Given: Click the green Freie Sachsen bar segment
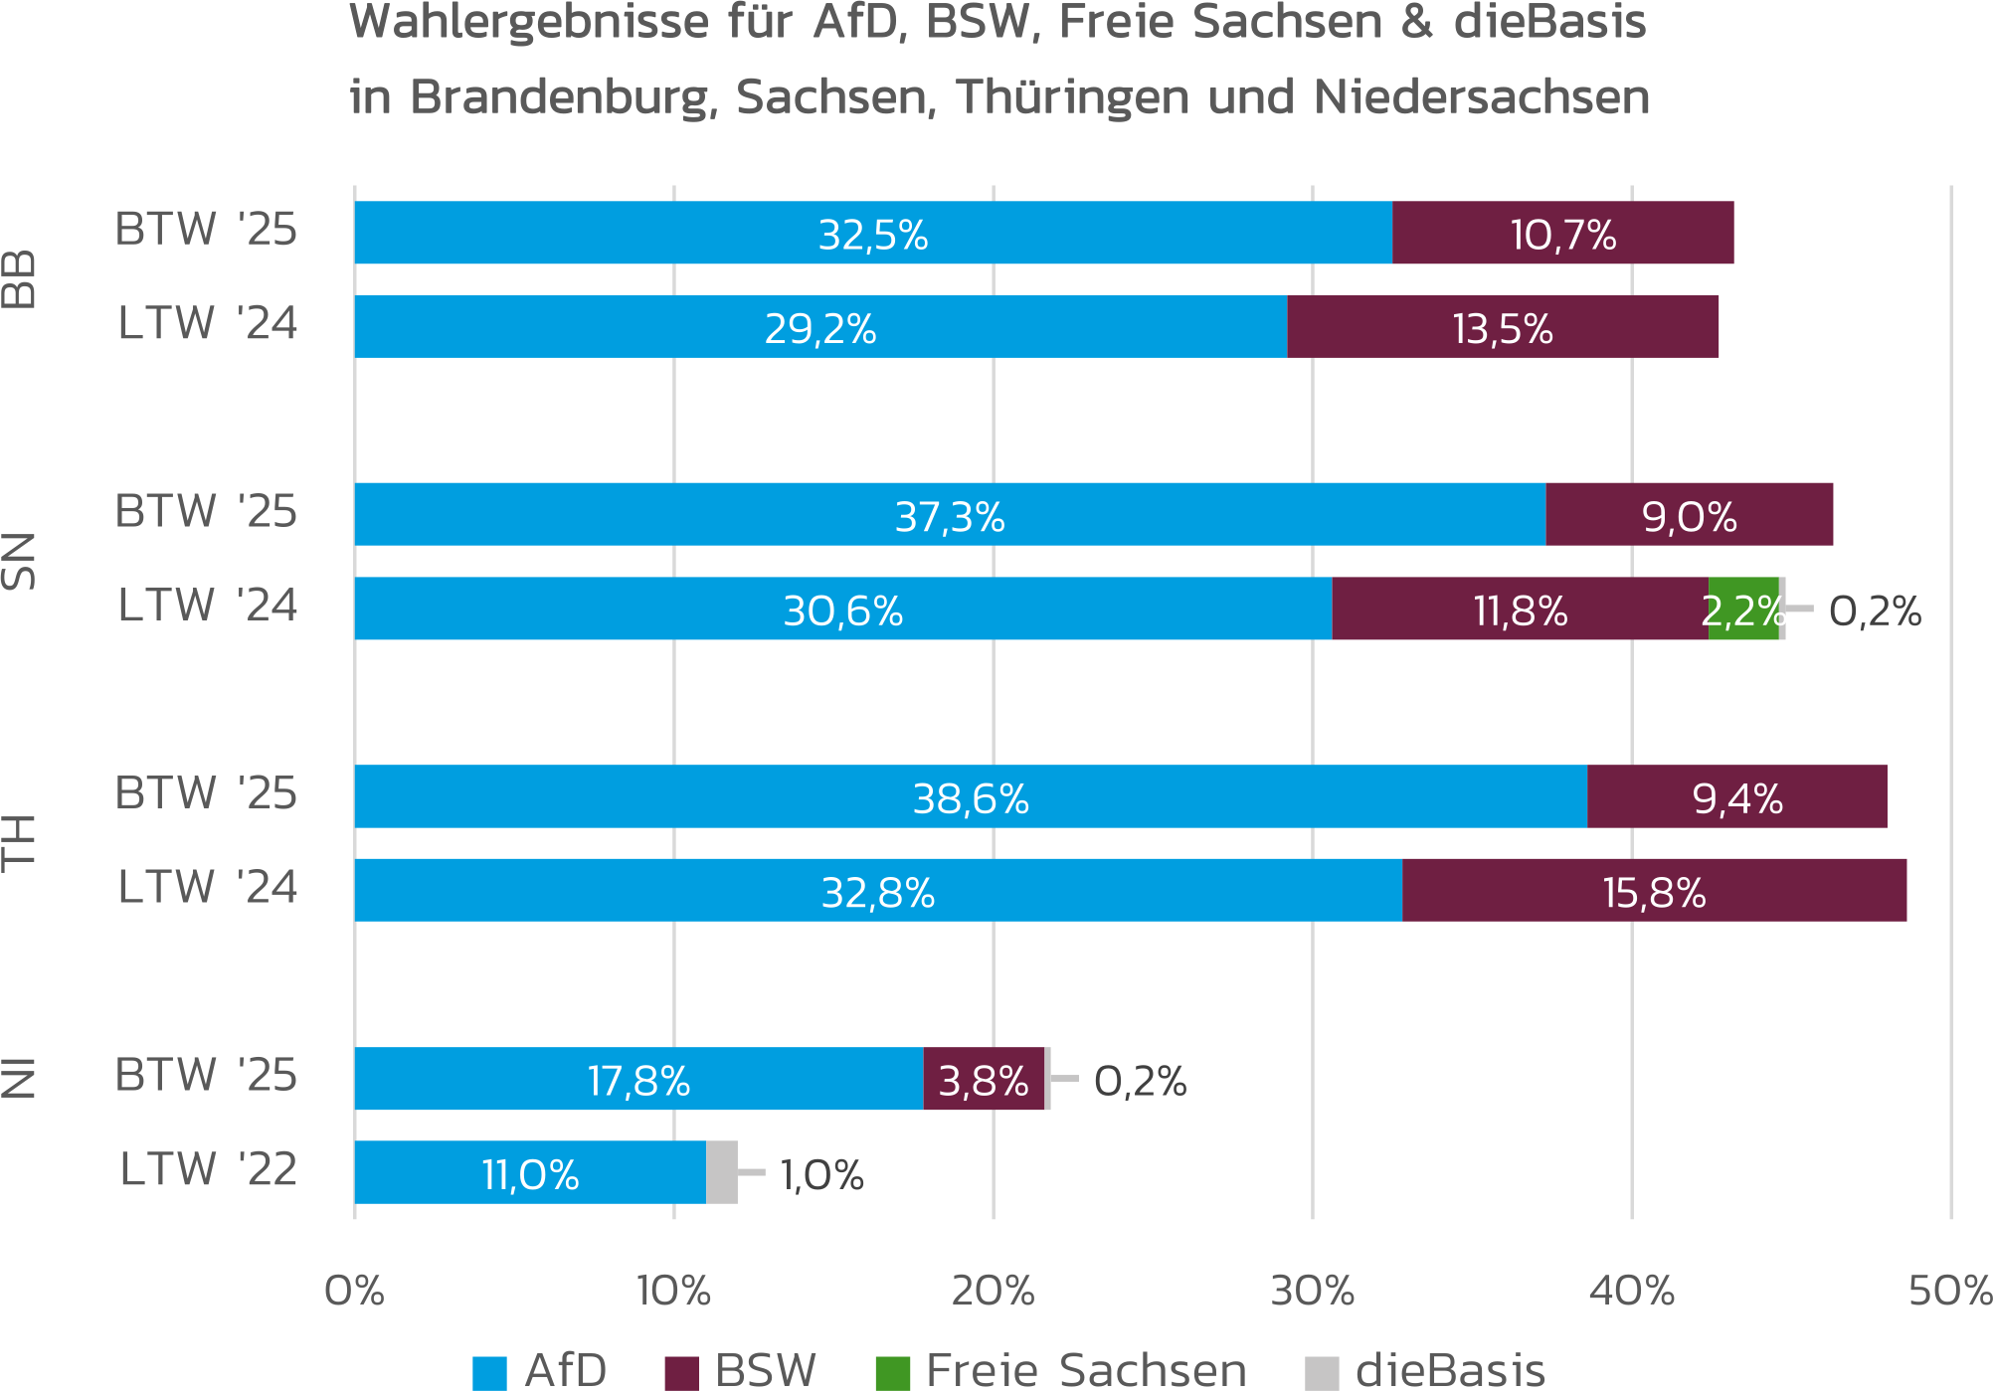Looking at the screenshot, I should [x=1742, y=608].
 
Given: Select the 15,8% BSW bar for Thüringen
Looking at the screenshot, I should [x=1653, y=890].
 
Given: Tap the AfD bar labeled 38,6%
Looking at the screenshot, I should [x=970, y=795].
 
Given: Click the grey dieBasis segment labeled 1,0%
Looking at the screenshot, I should [x=721, y=1172].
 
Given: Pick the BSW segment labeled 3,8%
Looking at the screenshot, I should [x=983, y=1078].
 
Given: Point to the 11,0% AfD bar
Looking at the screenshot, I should [x=529, y=1172].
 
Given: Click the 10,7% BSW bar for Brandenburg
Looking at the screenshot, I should [x=1561, y=233].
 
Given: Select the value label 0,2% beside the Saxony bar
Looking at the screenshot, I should [x=1874, y=610].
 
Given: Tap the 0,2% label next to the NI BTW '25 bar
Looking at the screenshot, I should [x=1140, y=1081].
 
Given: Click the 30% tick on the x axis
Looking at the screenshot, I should [x=1312, y=1291].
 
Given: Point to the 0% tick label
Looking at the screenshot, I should [x=354, y=1291].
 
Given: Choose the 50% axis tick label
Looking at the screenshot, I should [x=1949, y=1291].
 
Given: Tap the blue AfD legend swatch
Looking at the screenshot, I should [x=489, y=1373].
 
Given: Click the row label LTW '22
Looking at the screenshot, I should [x=208, y=1169].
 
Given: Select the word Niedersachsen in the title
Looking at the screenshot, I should [x=1481, y=97].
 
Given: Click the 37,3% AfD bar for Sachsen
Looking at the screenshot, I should [x=949, y=514].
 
